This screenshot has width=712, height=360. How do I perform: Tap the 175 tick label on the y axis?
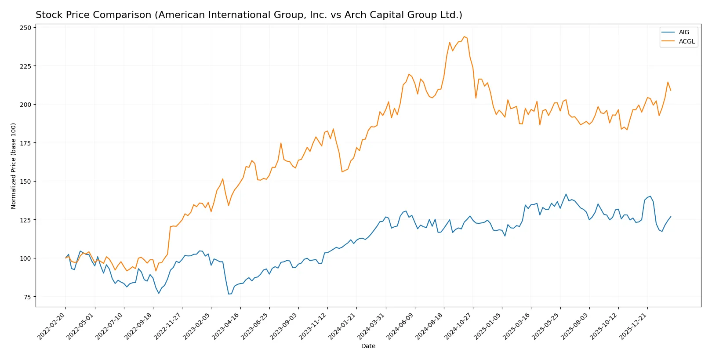(25, 143)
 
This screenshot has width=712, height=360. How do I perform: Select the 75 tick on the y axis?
(27, 297)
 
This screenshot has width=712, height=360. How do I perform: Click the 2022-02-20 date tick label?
(52, 326)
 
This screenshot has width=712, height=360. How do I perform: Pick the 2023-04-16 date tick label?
(227, 326)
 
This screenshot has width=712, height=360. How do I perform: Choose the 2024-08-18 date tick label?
(430, 326)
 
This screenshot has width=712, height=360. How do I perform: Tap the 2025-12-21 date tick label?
(634, 326)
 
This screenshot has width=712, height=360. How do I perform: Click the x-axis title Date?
(368, 346)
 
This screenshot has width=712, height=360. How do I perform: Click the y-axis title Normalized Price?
(14, 166)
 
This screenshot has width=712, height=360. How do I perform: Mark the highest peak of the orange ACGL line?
(464, 36)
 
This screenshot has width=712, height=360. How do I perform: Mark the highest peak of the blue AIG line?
(566, 194)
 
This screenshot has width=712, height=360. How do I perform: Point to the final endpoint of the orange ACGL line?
(671, 90)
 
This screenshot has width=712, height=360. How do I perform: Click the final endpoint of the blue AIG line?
(671, 217)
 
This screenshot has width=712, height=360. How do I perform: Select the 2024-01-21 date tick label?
(343, 326)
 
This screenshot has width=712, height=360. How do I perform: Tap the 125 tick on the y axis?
(25, 220)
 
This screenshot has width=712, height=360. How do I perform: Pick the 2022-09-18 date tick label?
(139, 326)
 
